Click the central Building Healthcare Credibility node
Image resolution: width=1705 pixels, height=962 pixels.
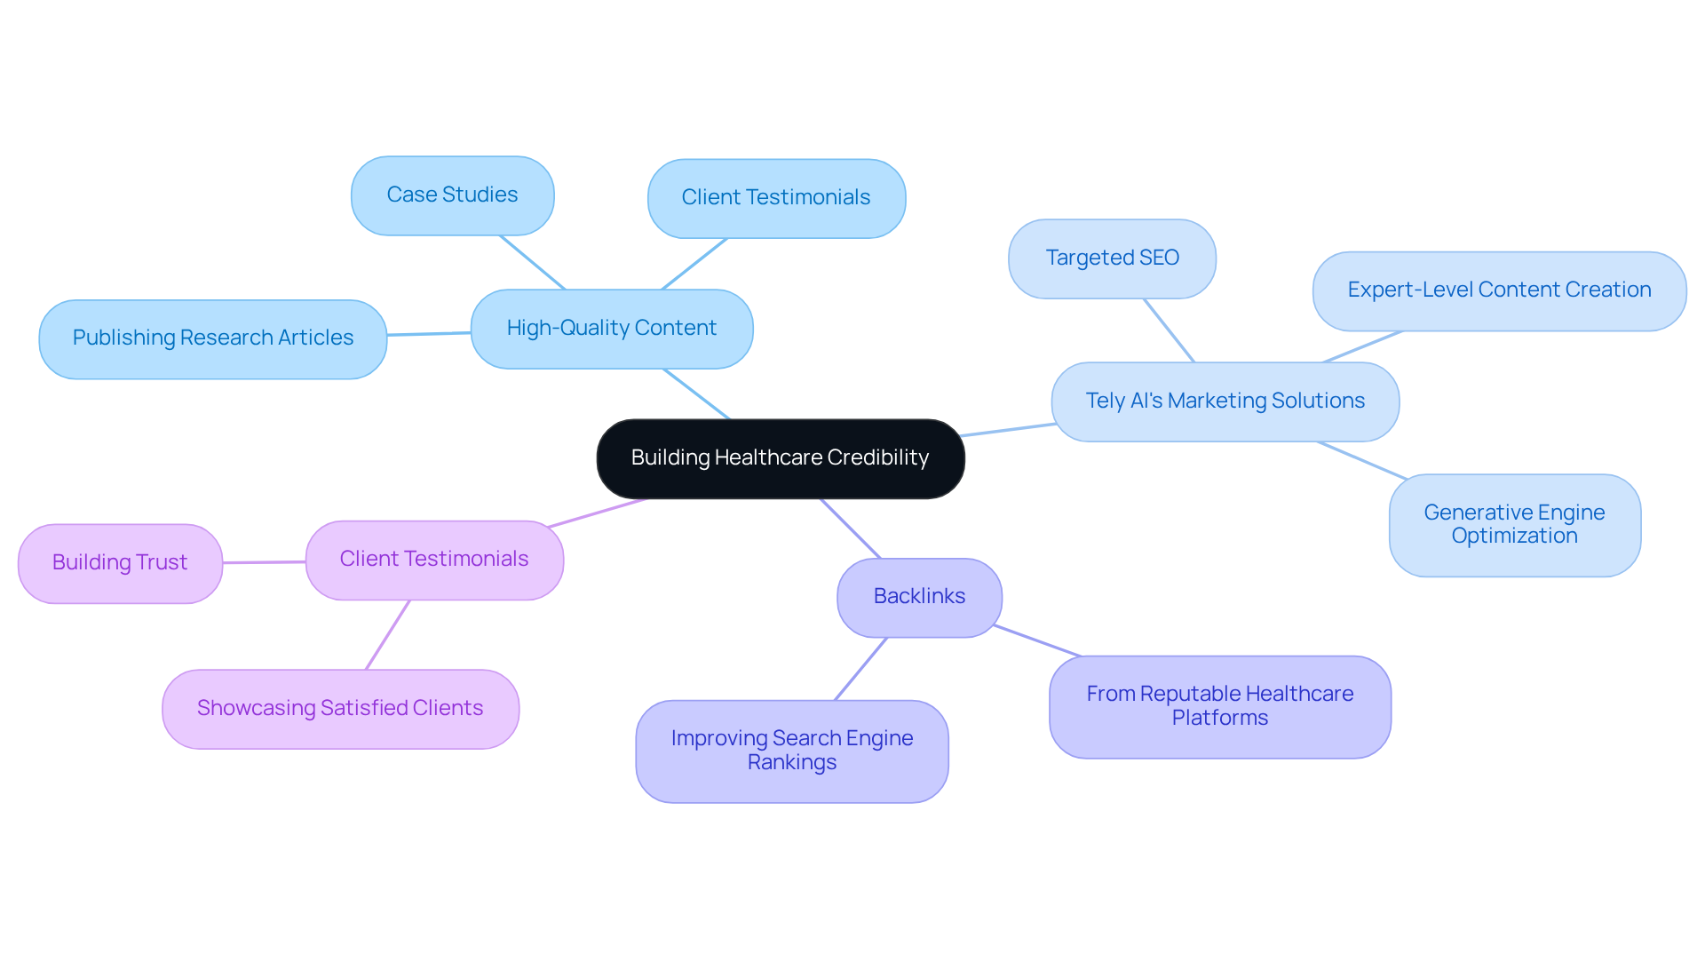[780, 458]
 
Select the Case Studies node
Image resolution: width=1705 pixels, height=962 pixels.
[452, 195]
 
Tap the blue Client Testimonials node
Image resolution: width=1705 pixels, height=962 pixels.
[776, 198]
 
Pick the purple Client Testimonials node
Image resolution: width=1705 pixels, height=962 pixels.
[434, 560]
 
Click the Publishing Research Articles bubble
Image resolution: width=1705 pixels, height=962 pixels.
[212, 338]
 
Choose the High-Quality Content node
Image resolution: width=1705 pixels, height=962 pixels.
[611, 329]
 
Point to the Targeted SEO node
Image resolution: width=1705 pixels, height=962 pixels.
[1112, 258]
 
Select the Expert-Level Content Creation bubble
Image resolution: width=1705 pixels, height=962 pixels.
[1499, 290]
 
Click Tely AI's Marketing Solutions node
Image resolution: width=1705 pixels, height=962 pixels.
[1225, 401]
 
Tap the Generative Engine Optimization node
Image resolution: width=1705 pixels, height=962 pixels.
[1514, 525]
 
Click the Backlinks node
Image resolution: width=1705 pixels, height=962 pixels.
[919, 597]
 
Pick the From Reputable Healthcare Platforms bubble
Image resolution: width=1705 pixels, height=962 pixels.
[1219, 706]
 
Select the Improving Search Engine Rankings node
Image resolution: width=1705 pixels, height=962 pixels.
[791, 751]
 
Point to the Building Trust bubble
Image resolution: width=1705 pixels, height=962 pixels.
[120, 563]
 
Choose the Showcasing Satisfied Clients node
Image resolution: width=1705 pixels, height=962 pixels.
[340, 709]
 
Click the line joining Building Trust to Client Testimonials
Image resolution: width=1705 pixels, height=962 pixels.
[264, 561]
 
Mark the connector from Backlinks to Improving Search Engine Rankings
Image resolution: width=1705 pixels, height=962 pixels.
[860, 668]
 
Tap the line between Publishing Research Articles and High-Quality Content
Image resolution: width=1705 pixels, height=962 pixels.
[429, 334]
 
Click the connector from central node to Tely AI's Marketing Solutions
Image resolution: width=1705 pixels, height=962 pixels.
[1008, 430]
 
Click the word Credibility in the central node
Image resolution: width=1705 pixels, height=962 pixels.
[877, 458]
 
